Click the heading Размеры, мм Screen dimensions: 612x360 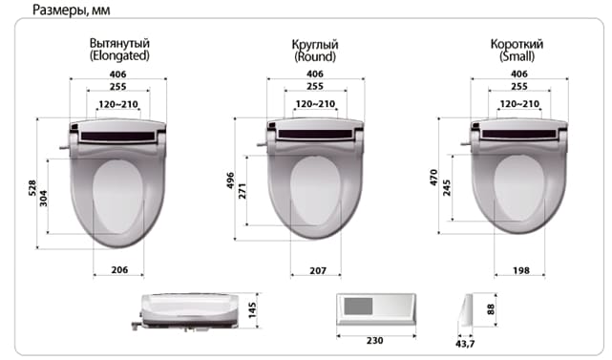tap(71, 11)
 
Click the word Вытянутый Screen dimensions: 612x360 tap(119, 43)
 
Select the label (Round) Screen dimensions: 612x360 tap(315, 57)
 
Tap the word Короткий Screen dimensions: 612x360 tap(517, 44)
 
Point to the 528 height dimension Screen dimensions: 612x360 tap(32, 188)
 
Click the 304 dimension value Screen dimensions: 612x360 tap(43, 198)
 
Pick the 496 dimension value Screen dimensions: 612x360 tap(230, 180)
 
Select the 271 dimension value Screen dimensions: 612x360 tap(242, 191)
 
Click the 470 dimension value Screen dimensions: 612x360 tap(434, 178)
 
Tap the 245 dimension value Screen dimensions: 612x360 tap(447, 188)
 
